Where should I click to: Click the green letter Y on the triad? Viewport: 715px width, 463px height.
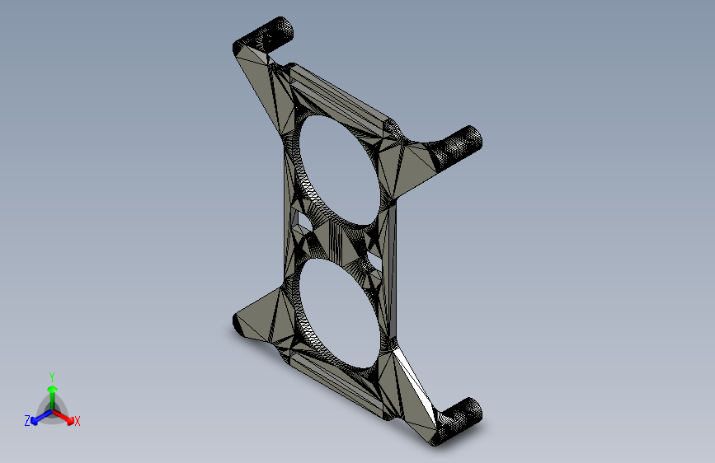pos(51,376)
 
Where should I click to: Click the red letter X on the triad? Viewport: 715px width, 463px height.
pos(78,422)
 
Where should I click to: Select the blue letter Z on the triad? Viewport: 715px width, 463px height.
pos(27,421)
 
